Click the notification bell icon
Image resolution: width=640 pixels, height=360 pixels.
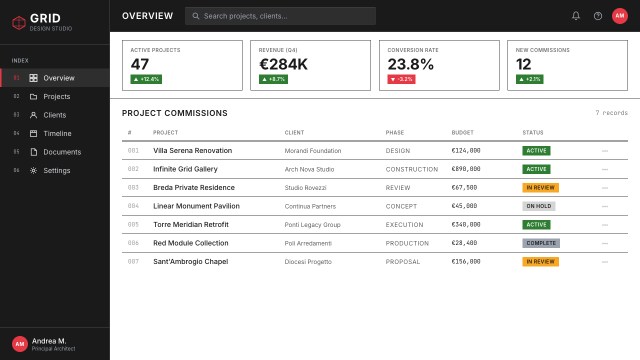point(575,15)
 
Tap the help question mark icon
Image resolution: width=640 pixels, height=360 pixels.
point(597,16)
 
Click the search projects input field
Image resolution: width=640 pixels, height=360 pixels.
point(280,15)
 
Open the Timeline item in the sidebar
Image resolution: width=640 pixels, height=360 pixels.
point(57,133)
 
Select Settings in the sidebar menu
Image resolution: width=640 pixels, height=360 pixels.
point(56,170)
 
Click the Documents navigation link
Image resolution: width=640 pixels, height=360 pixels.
point(62,152)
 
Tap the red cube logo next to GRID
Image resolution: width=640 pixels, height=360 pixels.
point(19,22)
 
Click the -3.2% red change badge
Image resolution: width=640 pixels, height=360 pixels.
point(401,79)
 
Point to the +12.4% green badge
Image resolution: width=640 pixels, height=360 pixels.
point(146,79)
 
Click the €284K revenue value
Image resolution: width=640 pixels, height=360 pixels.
point(283,64)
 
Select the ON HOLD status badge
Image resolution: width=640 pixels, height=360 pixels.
point(538,206)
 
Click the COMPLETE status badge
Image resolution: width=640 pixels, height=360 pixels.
point(541,243)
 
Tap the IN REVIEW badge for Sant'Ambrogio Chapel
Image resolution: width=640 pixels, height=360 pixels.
point(540,261)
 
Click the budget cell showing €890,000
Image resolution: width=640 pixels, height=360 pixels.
point(465,169)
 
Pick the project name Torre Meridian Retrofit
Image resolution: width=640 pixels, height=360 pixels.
point(190,224)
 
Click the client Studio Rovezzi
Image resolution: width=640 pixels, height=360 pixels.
point(305,187)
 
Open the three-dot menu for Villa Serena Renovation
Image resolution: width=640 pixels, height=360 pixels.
point(604,151)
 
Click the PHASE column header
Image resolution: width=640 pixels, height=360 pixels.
point(394,132)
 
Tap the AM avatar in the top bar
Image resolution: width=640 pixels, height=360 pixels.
point(619,15)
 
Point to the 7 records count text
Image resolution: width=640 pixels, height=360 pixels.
point(611,113)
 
